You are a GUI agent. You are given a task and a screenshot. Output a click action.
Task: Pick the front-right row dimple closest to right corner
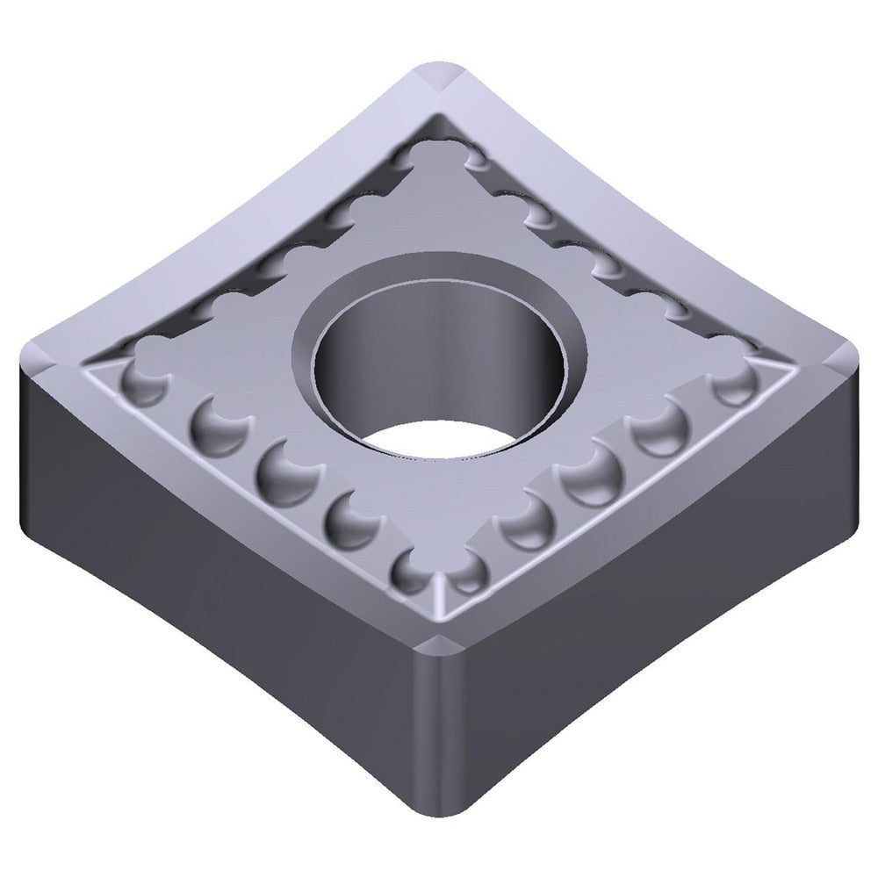click(734, 381)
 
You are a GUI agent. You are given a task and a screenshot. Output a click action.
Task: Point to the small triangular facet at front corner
click(438, 597)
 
